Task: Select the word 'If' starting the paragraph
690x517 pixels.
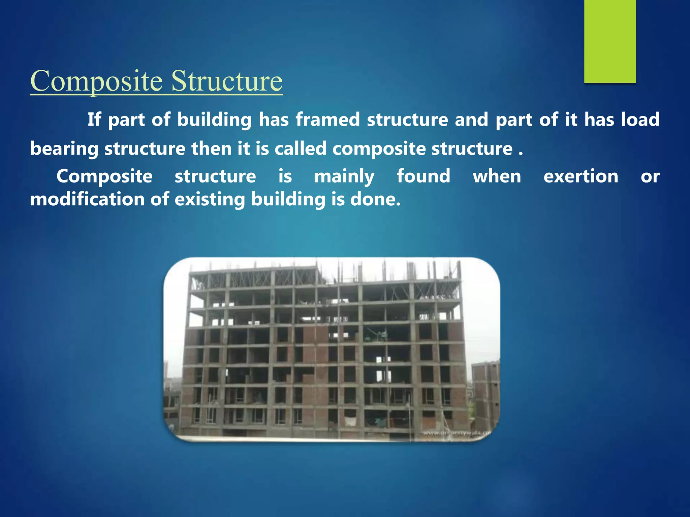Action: (94, 119)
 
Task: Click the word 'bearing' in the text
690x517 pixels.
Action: (64, 149)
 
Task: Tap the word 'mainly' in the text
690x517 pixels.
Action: (344, 176)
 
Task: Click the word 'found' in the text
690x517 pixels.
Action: (424, 176)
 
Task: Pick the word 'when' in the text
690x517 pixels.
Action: (497, 176)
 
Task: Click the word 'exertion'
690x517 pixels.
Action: (581, 176)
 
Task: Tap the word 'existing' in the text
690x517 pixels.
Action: (210, 199)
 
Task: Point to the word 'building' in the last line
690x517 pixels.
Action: (288, 199)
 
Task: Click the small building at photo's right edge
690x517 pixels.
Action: (485, 390)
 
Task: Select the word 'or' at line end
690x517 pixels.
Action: (650, 176)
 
